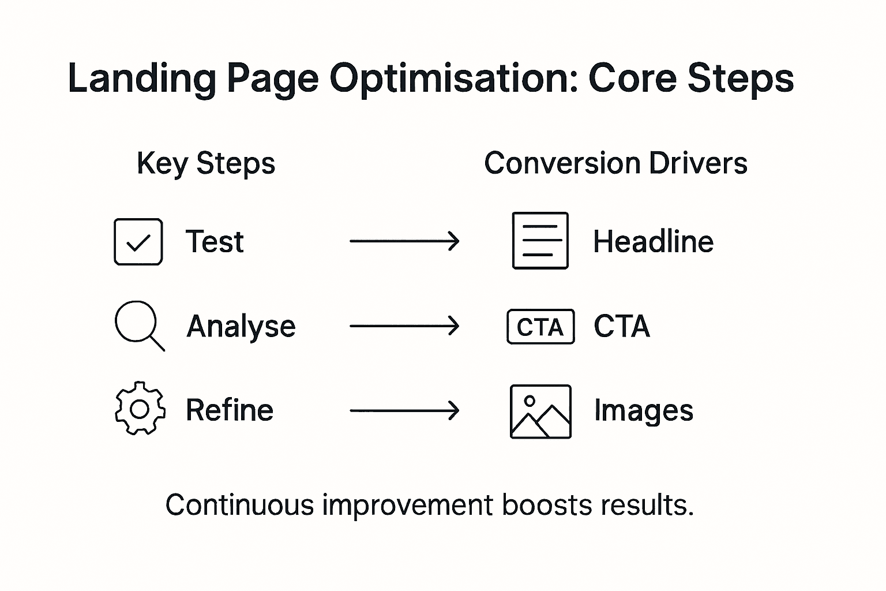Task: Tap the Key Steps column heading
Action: click(206, 163)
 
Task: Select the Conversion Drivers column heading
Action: click(615, 163)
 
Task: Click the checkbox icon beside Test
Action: click(138, 242)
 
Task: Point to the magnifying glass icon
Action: click(138, 325)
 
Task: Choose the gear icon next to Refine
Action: click(140, 409)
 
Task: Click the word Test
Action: click(215, 242)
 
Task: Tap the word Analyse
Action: click(241, 327)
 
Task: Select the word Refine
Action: click(230, 410)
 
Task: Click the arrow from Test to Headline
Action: click(404, 241)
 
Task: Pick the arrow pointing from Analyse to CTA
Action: click(404, 326)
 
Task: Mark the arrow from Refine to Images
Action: click(404, 410)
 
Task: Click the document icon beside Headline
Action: click(540, 241)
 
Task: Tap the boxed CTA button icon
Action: click(540, 327)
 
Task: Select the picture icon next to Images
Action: click(540, 412)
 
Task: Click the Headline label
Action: click(653, 242)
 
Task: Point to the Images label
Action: click(644, 412)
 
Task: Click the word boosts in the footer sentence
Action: click(546, 506)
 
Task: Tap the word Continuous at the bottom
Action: click(239, 506)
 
